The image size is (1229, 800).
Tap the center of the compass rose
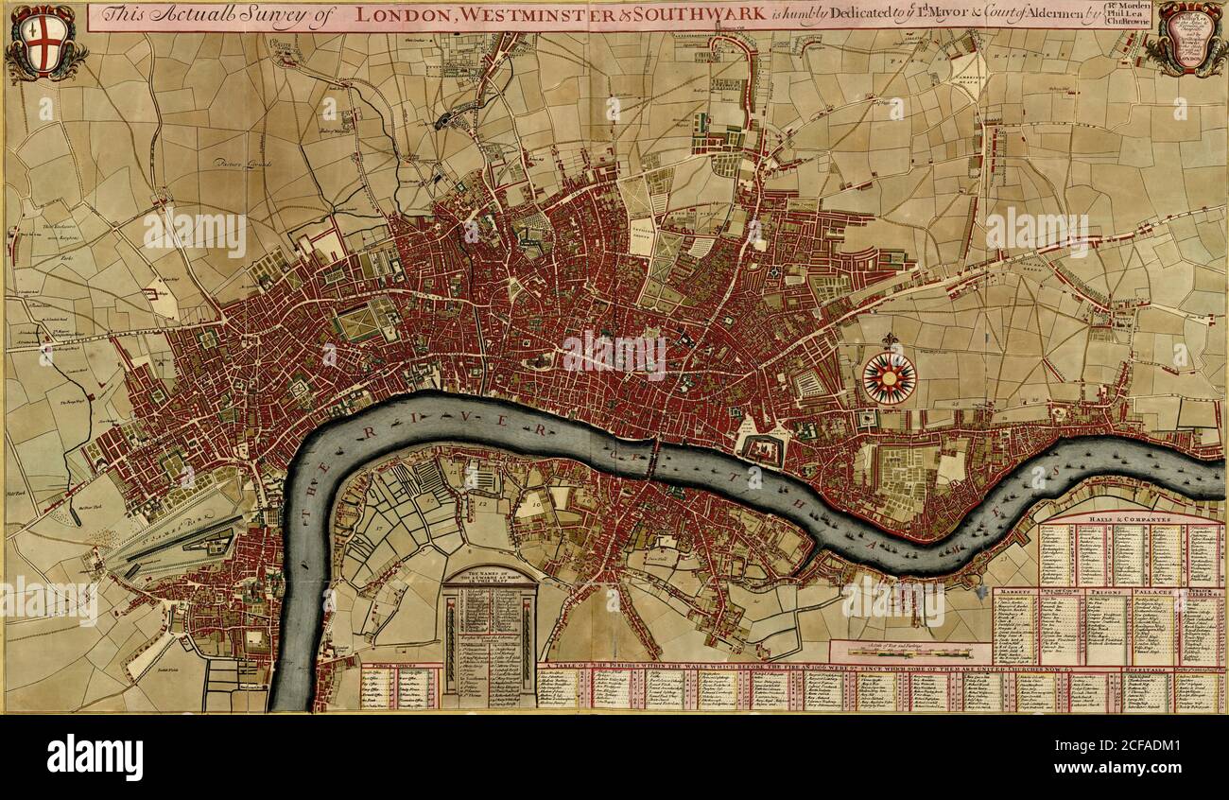889,378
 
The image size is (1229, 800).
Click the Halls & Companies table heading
1131,519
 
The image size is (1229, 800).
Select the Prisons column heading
1106,592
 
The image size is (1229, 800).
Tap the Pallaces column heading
1152,592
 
